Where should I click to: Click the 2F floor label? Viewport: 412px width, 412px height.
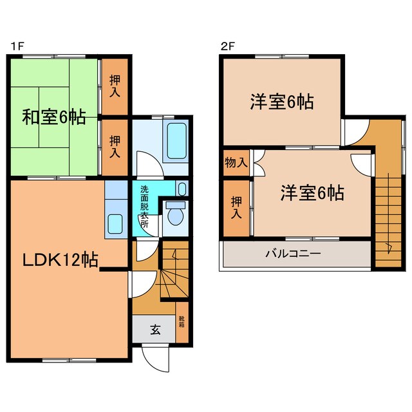(226, 46)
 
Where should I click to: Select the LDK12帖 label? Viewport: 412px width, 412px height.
(61, 260)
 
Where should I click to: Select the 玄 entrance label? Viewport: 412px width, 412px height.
(155, 330)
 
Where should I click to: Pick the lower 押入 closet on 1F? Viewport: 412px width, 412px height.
(115, 147)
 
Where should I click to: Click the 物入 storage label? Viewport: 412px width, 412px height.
(236, 162)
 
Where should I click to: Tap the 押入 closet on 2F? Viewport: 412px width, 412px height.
(236, 207)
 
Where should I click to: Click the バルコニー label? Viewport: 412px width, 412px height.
(293, 254)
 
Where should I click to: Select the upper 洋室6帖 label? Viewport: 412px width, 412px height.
(282, 102)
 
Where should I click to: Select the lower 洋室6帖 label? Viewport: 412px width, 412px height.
(312, 192)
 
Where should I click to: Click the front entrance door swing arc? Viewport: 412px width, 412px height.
(154, 355)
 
